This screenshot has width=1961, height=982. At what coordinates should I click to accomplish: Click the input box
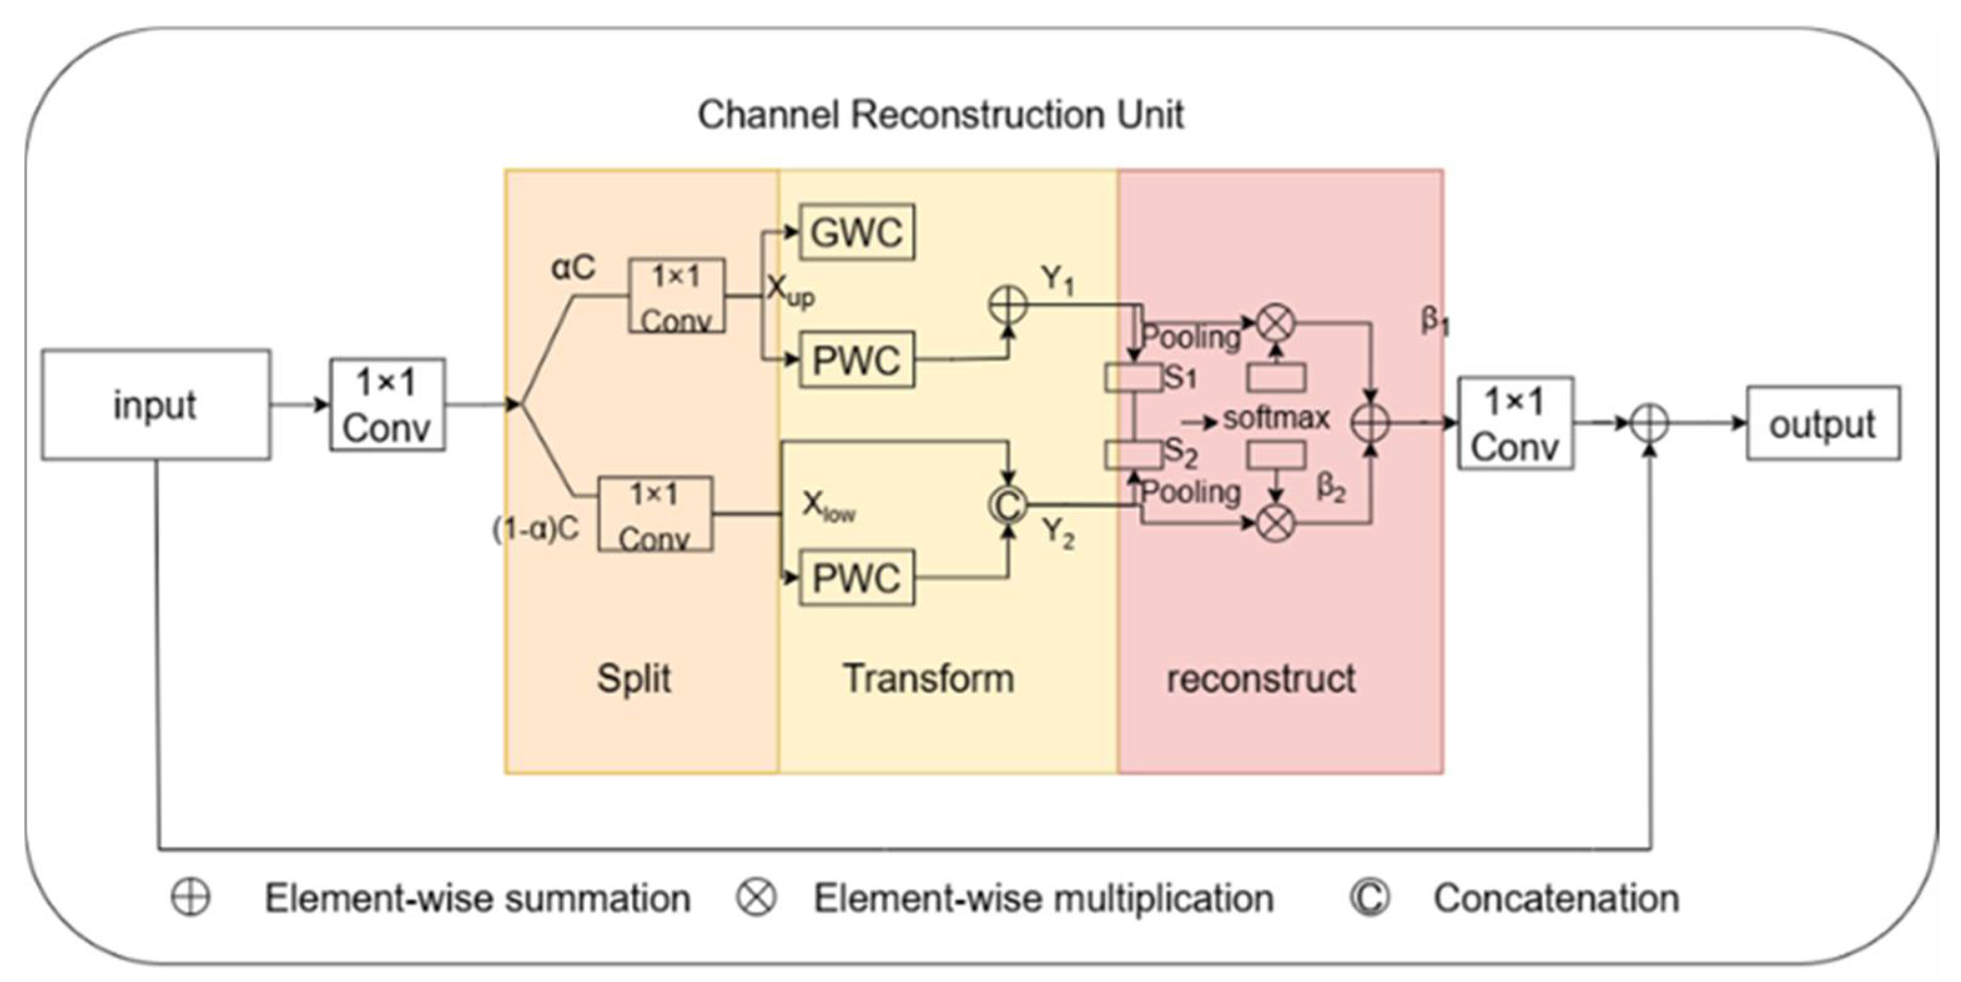155,404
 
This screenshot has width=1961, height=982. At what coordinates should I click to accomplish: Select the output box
1822,423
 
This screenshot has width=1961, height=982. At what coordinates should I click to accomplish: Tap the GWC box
857,232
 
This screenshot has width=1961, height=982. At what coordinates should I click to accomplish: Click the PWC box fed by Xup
857,360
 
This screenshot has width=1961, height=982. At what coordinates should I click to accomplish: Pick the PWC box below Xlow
857,578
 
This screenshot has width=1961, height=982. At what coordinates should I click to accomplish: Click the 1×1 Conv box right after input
387,404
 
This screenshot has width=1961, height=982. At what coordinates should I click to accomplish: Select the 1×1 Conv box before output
1515,423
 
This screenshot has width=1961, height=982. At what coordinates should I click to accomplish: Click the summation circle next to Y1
1008,305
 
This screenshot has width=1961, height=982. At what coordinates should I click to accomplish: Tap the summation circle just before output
1650,423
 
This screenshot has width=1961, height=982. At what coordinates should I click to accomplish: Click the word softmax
1276,418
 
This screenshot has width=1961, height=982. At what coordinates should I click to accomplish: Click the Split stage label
633,678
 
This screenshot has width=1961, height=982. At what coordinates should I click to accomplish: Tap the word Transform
928,678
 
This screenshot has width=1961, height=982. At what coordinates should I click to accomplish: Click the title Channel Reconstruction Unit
940,115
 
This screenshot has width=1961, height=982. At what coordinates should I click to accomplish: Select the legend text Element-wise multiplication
1043,898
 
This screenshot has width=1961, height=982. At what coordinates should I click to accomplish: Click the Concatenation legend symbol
1370,898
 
